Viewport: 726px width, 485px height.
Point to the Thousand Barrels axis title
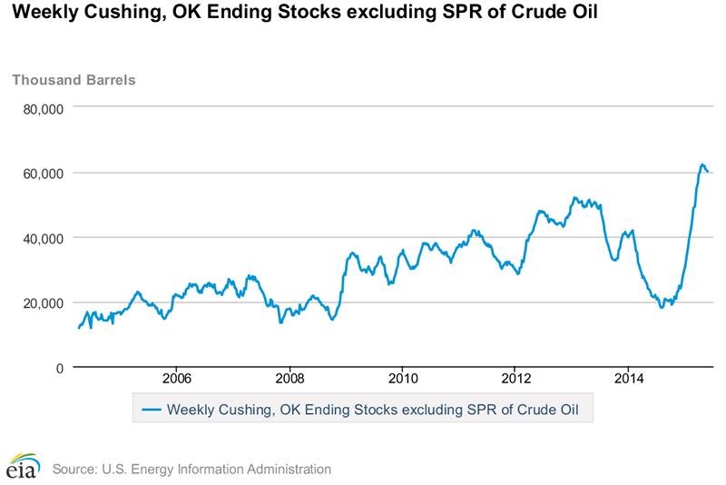[x=74, y=79]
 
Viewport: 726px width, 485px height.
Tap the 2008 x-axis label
[x=289, y=378]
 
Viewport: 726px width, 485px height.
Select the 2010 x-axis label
[x=402, y=378]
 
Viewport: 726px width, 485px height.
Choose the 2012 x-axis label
[x=515, y=378]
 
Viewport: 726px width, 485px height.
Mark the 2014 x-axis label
[x=629, y=378]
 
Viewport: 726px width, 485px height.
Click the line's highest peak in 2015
[x=702, y=164]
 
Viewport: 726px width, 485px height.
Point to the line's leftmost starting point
[x=79, y=328]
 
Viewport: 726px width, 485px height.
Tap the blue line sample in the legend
[x=151, y=410]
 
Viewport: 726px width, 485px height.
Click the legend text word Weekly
[x=190, y=410]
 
